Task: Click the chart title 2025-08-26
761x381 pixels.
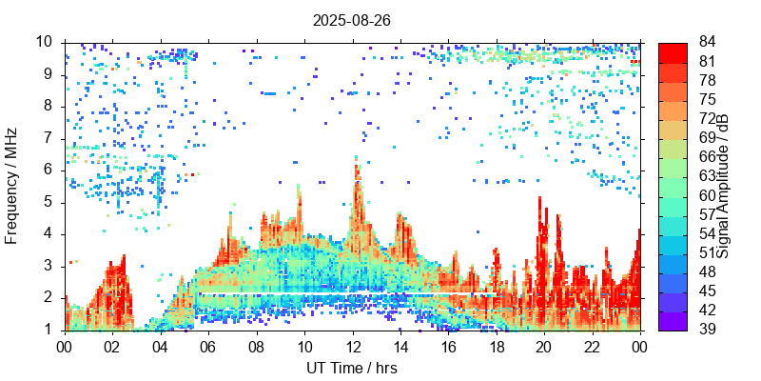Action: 352,19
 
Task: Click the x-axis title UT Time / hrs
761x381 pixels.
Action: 352,368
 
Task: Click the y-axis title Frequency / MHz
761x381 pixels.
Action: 12,186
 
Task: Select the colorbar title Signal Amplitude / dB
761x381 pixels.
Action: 723,186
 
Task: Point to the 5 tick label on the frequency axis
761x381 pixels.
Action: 51,202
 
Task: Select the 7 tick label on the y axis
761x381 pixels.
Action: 51,138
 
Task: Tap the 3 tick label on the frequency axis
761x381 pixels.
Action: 51,266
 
